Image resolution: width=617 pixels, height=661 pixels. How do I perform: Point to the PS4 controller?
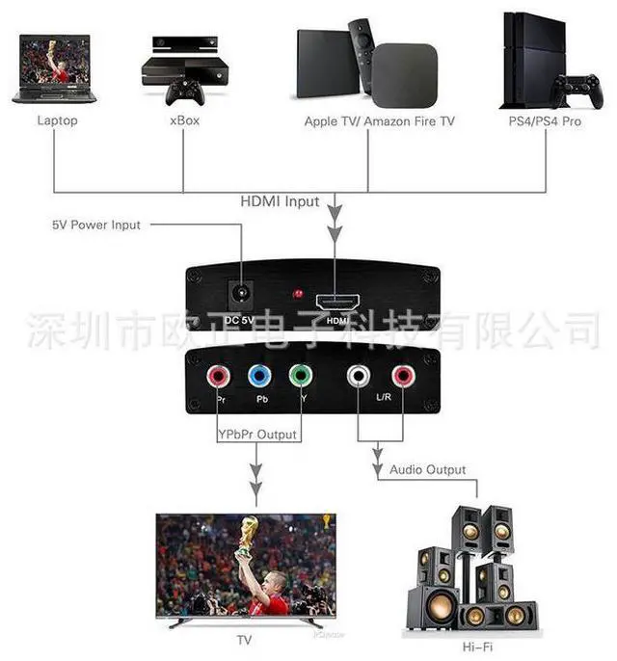[x=577, y=92]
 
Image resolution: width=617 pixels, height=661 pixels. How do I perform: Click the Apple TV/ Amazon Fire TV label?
[x=379, y=121]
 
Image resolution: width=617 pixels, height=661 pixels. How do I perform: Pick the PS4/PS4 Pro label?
[x=545, y=121]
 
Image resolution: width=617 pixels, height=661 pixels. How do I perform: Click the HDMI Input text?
[x=280, y=201]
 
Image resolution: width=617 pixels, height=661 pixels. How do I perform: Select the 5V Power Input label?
[x=96, y=225]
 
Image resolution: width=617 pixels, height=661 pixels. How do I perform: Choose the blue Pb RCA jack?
[x=257, y=376]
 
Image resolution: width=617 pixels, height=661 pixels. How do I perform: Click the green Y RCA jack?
[x=302, y=376]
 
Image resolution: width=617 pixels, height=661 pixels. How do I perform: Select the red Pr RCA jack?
[x=215, y=376]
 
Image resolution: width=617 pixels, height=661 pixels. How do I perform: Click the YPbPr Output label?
[x=256, y=435]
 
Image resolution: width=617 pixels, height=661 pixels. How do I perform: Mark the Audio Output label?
[x=427, y=470]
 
